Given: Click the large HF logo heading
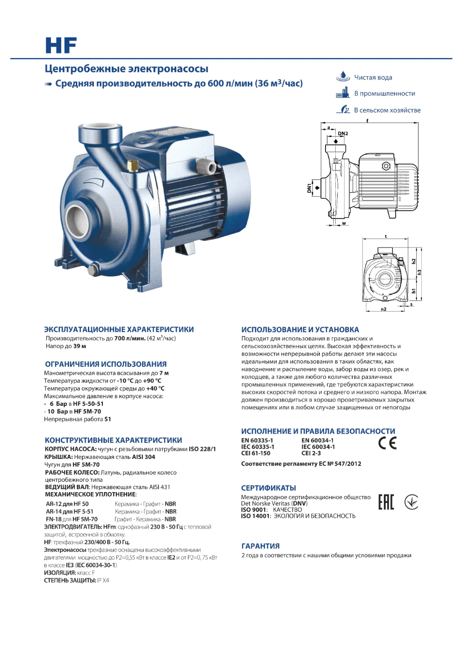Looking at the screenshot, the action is tap(61, 45).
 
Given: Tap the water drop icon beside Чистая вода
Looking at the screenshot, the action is tap(343, 76).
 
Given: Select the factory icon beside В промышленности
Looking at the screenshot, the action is tap(343, 93).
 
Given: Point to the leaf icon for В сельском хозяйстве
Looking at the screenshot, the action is tap(343, 109).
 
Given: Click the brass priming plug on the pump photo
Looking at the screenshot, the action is tap(133, 167).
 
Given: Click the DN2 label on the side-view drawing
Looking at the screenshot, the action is tap(343, 133).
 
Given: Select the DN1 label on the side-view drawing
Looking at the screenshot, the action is tap(309, 188).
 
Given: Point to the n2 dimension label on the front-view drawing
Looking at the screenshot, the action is tap(383, 309).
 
